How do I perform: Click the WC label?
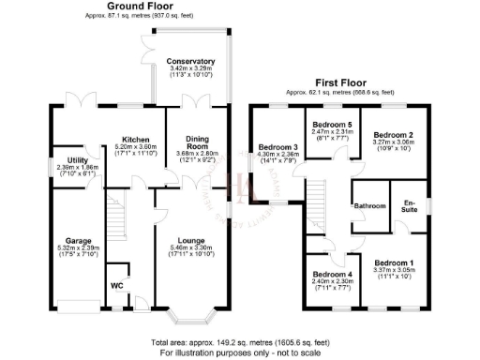tap(116, 285)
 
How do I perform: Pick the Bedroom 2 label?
tap(392, 135)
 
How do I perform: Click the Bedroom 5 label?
tap(331, 125)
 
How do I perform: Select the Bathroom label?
tap(369, 206)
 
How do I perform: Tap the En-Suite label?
tap(409, 205)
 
